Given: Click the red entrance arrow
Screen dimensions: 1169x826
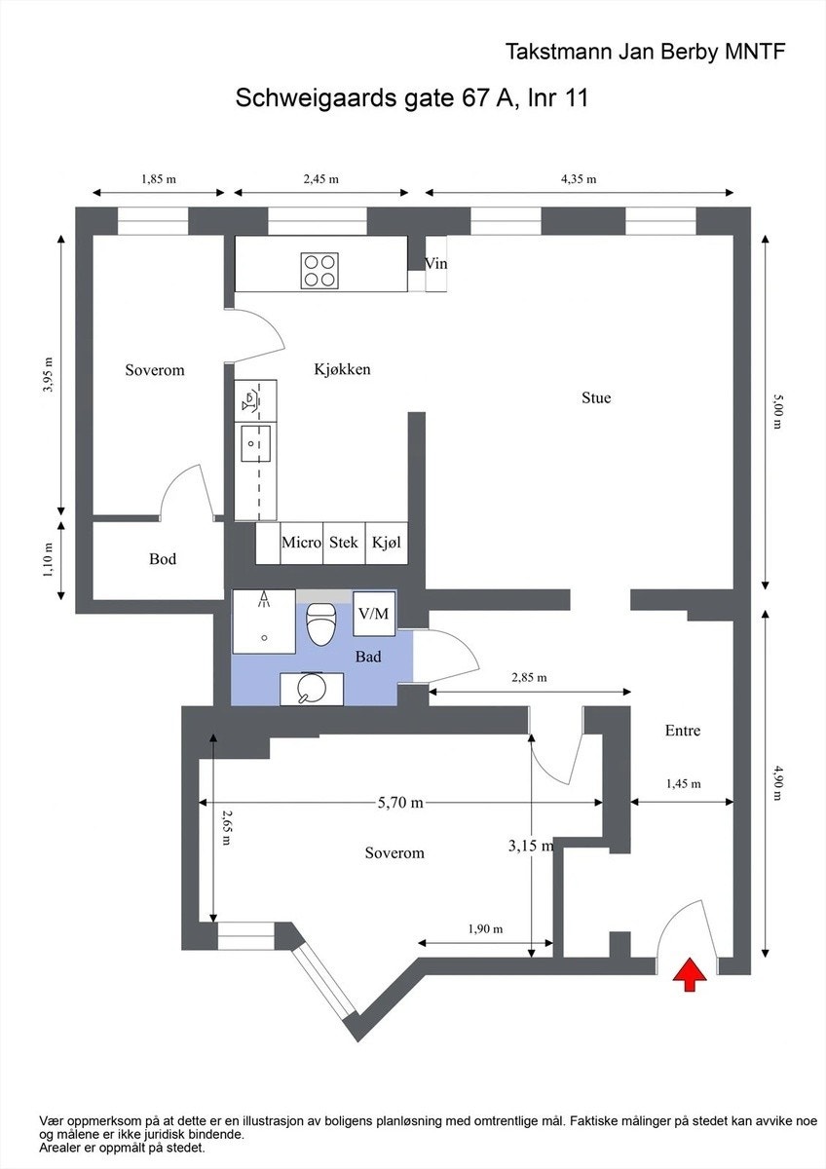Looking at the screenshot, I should coord(690,974).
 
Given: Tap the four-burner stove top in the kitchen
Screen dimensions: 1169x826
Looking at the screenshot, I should coord(320,269).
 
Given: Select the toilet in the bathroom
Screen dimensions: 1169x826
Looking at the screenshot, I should coord(320,622).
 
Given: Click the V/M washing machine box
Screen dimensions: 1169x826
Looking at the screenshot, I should coord(373,614).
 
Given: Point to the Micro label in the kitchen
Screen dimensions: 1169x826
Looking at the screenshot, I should coord(301,543).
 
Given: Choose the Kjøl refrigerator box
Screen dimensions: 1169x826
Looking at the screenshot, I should coord(387,543).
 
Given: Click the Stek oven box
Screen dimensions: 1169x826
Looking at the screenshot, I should coord(343,543).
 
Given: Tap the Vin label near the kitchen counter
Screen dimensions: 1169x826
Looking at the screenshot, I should coord(436,263).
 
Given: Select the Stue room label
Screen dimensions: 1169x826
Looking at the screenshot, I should coord(596,397).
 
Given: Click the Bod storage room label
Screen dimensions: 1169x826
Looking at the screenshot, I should coord(163,559).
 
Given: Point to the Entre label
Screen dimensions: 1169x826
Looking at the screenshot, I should coord(683,731).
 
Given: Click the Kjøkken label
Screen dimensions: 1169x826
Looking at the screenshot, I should coord(342,370).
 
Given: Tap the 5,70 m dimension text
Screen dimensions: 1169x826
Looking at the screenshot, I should coord(400,803).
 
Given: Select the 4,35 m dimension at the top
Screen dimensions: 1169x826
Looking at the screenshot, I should coord(578,179).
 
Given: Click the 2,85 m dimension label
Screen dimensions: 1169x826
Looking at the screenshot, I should coord(529,677).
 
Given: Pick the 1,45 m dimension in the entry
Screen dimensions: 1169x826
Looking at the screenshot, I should coord(684,783).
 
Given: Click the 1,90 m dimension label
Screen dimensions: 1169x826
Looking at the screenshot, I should coord(484,928).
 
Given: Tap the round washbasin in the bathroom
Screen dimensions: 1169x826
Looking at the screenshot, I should coord(310,689).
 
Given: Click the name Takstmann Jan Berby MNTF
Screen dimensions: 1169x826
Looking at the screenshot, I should coord(645,53).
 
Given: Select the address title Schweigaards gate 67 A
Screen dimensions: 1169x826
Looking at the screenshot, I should coord(412,98).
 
